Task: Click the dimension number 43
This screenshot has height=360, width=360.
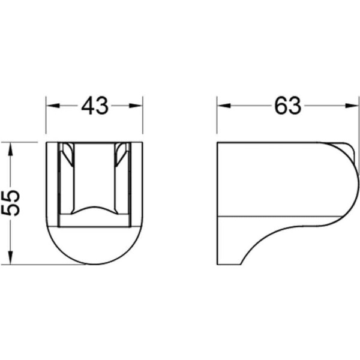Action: (94, 106)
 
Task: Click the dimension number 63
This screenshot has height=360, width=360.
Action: (287, 106)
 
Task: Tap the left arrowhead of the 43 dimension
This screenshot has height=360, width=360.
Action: (53, 106)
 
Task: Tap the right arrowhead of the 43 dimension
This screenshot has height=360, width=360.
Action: (136, 106)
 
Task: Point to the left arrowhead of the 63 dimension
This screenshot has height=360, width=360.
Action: (224, 106)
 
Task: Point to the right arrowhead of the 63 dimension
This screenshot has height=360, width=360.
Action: (352, 106)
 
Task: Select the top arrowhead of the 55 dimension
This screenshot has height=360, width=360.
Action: (10, 149)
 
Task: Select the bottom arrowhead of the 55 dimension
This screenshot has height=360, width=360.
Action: (10, 257)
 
